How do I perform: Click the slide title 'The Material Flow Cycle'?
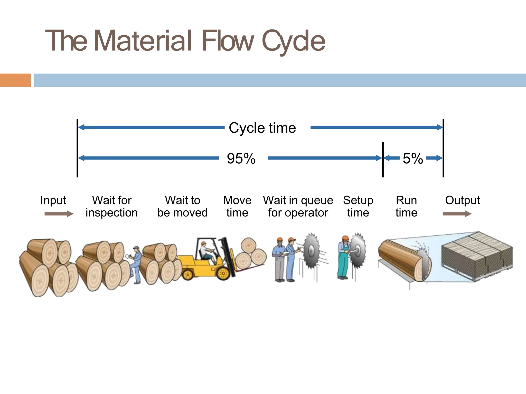pos(185,41)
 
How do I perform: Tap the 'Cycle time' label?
pos(262,128)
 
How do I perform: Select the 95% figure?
pos(241,158)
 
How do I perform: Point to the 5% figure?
pos(413,158)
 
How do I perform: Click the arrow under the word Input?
pos(59,214)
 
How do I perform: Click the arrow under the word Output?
pos(457,214)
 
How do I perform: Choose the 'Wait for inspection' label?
pos(112,206)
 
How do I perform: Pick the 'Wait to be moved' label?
pos(182,206)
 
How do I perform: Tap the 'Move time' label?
pos(237,206)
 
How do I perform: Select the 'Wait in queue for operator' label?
pos(298,206)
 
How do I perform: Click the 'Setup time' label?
pos(358,206)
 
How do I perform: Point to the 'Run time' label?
pos(406,206)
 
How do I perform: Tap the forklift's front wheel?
pos(223,273)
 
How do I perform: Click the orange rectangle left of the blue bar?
pos(15,80)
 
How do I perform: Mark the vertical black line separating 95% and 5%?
pos(383,160)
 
